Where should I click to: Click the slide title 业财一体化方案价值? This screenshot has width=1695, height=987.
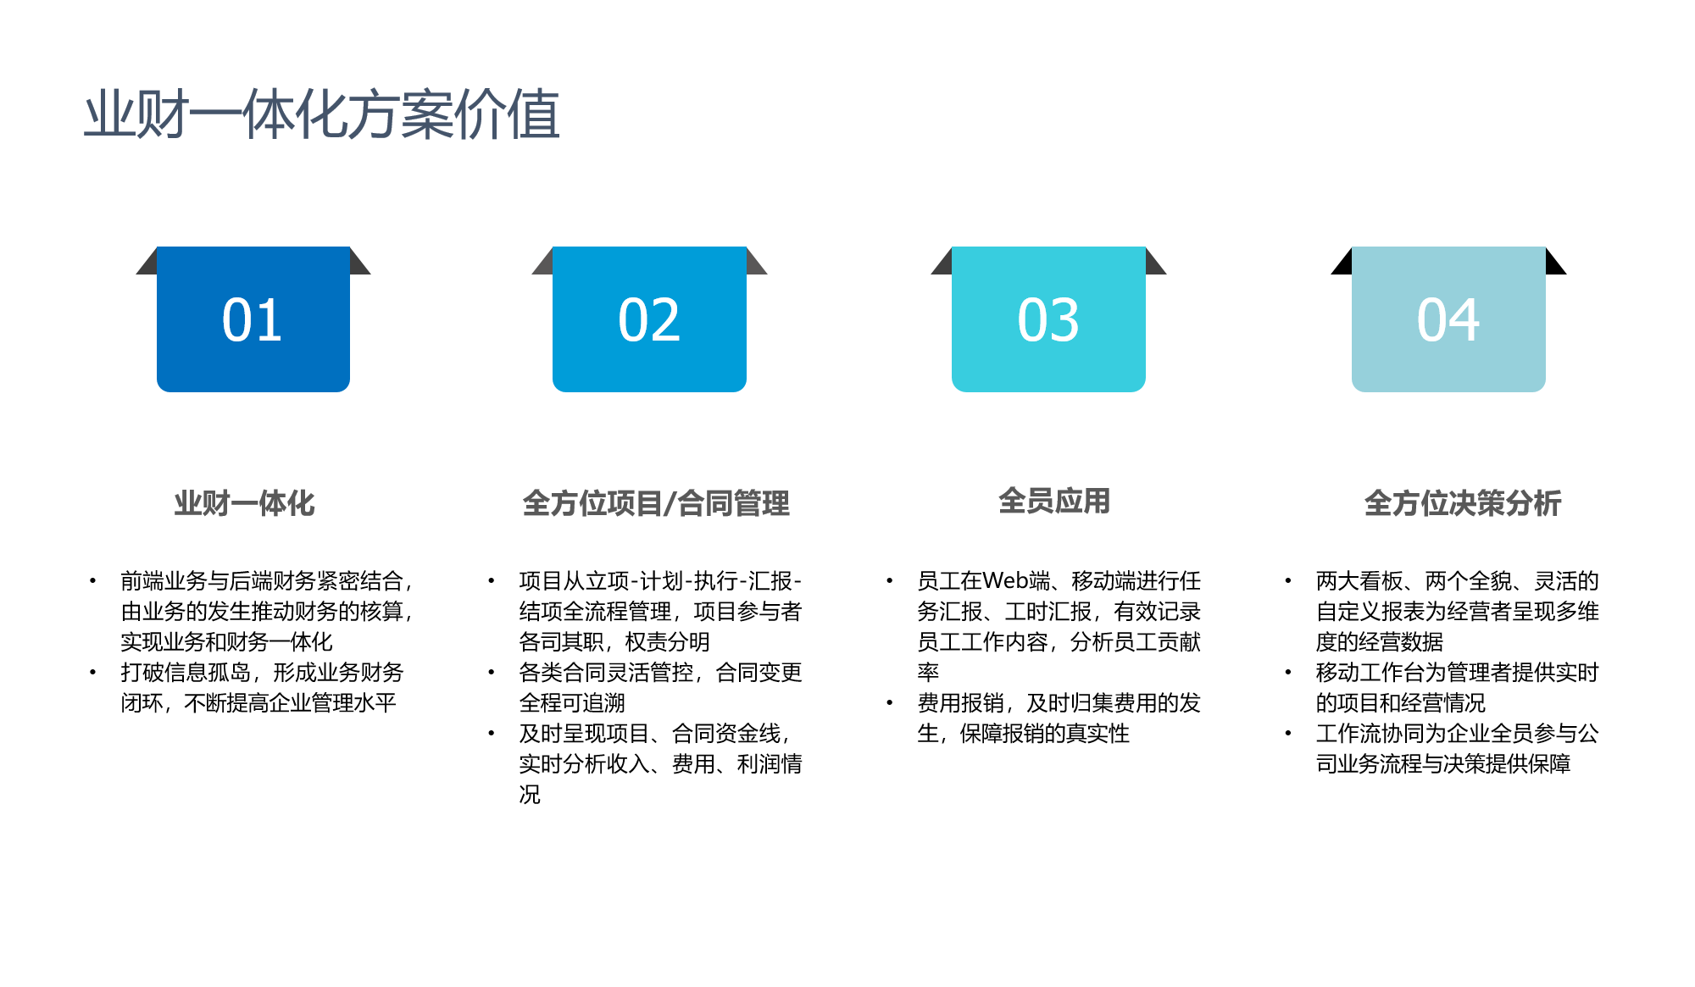coord(322,114)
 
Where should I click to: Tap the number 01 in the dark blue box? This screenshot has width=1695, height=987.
coord(253,320)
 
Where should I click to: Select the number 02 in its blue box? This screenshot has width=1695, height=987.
coord(649,320)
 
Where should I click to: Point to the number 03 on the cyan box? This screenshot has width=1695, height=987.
coord(1048,320)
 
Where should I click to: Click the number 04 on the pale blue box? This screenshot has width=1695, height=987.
coord(1448,320)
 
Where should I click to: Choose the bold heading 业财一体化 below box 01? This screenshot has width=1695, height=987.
coord(245,503)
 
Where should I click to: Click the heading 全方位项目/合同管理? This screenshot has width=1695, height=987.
coord(656,503)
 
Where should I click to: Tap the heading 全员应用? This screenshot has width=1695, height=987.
coord(1054,501)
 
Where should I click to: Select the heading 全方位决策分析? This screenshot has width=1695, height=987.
coord(1463,503)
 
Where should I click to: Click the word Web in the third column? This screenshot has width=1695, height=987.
coord(1006,580)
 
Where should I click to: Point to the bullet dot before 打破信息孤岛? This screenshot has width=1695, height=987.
coord(92,673)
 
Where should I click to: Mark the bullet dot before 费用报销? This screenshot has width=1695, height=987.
coord(889,703)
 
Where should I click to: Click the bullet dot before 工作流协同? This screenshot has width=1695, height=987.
coord(1287,734)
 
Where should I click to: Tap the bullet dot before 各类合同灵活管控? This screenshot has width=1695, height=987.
coord(491,673)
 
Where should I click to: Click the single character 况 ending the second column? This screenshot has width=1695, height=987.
coord(530,795)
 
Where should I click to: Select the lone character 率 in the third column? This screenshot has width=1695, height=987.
coord(928,673)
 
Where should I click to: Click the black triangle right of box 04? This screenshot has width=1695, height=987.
coord(1556,261)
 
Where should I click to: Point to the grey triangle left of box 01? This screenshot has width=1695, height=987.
coord(147,261)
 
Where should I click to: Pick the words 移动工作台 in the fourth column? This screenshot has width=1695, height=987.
coord(1370,673)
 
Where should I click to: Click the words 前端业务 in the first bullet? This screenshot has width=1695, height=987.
coord(164,581)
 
